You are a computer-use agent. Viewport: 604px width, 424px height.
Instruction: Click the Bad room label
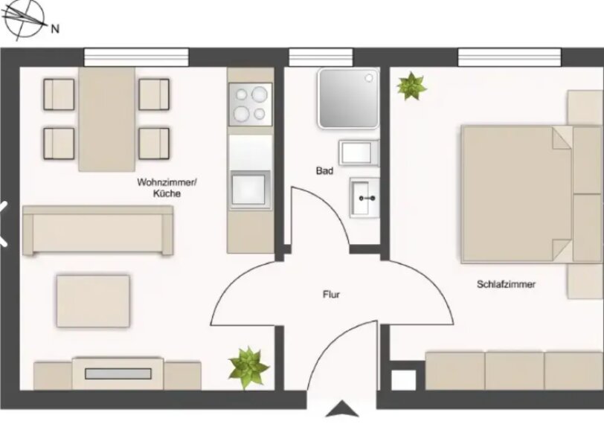pos(324,170)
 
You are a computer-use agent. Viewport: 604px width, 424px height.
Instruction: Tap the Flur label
pos(331,295)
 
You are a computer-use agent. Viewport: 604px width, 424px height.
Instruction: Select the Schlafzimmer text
pos(506,284)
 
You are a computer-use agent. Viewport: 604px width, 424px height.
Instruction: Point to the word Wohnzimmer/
pos(167,182)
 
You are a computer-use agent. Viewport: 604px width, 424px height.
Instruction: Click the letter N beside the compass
pos(55,28)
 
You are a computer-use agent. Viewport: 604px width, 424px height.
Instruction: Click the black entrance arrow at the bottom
pos(341,409)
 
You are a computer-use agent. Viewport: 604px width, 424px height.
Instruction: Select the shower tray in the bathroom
pos(348,98)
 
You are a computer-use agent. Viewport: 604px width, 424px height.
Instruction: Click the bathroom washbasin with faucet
pos(364,198)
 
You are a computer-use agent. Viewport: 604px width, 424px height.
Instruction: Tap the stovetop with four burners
pos(251,104)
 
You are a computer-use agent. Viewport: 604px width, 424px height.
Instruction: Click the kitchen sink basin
pos(248,190)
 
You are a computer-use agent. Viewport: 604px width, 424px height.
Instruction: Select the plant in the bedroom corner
pos(412,86)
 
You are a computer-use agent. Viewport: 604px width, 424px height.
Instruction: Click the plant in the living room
pos(248,367)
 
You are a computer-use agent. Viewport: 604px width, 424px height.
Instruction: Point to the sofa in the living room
pos(98,231)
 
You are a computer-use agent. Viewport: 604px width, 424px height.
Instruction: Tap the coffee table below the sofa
pos(93,301)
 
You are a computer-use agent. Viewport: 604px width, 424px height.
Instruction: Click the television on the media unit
pos(118,373)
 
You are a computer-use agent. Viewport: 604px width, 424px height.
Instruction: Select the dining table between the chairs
pos(106,119)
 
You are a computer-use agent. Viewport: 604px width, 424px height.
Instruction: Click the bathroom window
pos(321,57)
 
